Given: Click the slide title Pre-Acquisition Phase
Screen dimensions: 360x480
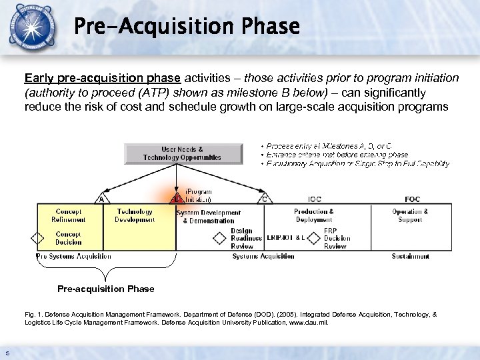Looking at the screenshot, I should [187, 27].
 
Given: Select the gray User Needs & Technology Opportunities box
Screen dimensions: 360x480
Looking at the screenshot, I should [182, 153].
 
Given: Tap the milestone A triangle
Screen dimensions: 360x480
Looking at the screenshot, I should [101, 198].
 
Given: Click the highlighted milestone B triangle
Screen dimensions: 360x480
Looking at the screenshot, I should [177, 198].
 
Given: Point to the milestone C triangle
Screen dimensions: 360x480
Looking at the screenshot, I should [265, 198].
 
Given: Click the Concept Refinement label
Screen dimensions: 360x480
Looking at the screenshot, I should [69, 215].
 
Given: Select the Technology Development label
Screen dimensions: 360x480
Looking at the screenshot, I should [135, 215].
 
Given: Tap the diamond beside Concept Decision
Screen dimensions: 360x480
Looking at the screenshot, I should [39, 239].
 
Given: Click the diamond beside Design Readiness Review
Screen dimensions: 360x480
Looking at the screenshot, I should [219, 239].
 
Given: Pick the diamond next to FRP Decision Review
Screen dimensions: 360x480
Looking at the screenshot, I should [314, 239].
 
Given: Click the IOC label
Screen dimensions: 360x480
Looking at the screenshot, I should [314, 199].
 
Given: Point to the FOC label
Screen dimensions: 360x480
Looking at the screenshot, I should [413, 199].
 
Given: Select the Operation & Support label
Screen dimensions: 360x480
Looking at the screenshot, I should [410, 215].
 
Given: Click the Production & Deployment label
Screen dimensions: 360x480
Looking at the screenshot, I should [314, 215].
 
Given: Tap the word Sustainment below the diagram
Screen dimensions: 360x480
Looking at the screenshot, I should [410, 256].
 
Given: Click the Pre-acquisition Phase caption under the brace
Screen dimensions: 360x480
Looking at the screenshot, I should [105, 289].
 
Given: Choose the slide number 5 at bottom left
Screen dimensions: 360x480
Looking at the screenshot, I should [7, 353].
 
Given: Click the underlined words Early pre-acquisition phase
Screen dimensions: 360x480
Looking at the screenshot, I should [101, 78].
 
